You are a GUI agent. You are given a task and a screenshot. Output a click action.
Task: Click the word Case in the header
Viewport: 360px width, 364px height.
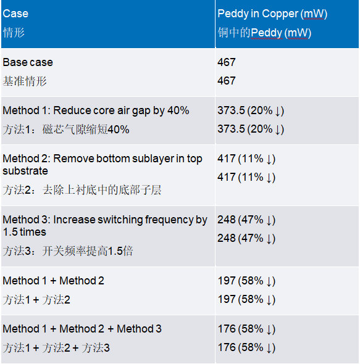15,14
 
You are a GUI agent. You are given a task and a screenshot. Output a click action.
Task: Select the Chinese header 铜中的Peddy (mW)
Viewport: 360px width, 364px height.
264,33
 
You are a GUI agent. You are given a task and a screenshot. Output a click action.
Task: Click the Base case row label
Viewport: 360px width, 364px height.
28,62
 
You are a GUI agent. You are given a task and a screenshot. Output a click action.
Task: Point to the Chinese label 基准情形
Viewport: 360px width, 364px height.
25,81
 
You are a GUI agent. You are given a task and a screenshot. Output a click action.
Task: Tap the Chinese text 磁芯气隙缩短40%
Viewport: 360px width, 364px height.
86,130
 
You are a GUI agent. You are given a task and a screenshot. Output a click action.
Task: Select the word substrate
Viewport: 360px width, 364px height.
25,171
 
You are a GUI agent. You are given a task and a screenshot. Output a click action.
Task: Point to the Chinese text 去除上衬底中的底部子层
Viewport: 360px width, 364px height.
102,190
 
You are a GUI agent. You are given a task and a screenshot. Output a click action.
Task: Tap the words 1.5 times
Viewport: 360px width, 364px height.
25,232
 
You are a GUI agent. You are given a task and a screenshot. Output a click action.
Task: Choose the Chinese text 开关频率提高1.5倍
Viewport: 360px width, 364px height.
88,251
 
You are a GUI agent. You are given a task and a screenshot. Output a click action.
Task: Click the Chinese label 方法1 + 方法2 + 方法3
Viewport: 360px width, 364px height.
56,348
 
